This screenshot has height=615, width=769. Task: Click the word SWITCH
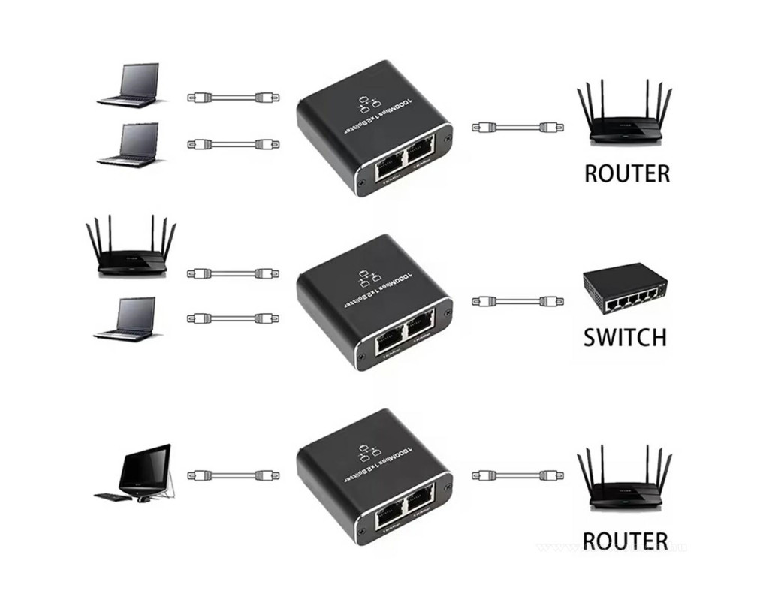point(625,336)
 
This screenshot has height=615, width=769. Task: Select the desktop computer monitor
point(146,466)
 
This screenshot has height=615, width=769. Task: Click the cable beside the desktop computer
point(233,475)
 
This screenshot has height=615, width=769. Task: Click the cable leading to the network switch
point(517,302)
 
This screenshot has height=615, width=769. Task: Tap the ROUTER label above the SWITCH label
point(626,173)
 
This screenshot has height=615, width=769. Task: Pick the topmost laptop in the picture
point(130,84)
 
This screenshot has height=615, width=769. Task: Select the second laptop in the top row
point(129,144)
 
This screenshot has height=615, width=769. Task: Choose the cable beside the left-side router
point(233,273)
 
